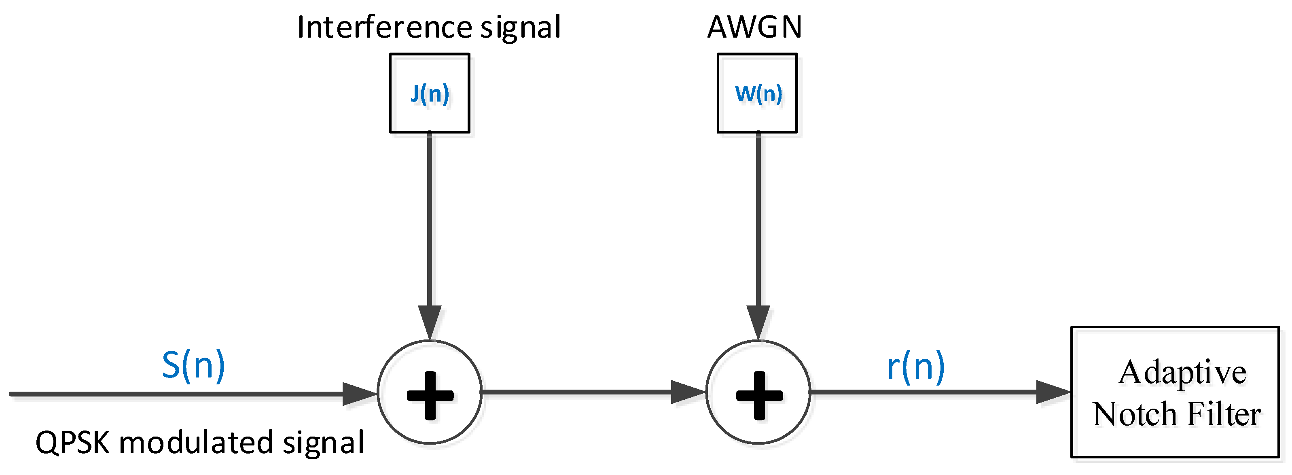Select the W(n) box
757,93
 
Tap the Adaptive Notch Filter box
1175,392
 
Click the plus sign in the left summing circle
430,395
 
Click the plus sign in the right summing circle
759,395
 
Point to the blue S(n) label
193,365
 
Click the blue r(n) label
915,367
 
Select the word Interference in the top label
384,27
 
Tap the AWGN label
754,27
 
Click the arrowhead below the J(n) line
430,321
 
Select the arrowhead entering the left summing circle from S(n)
359,394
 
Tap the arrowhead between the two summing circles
688,392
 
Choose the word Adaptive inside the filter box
1182,373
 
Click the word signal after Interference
521,28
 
